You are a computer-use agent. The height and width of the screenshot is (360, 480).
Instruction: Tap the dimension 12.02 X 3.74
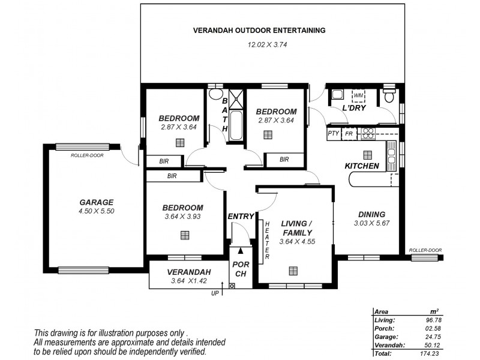[260, 44]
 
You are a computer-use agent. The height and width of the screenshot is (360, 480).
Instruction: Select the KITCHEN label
[361, 166]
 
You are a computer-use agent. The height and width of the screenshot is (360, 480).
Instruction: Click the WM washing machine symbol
[358, 96]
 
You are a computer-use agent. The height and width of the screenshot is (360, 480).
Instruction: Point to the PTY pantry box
[334, 134]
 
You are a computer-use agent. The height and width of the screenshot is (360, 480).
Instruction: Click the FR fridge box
[348, 134]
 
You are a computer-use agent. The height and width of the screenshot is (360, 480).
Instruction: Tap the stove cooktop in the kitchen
[367, 133]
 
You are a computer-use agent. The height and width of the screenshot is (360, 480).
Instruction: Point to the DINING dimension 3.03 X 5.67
[371, 223]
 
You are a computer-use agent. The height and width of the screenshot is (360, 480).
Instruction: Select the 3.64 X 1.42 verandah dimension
[187, 281]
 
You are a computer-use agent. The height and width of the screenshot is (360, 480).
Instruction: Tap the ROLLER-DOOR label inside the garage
[85, 155]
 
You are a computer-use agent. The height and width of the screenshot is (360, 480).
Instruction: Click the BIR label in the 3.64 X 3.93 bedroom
[172, 176]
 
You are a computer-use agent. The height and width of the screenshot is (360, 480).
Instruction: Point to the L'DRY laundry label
[354, 108]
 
